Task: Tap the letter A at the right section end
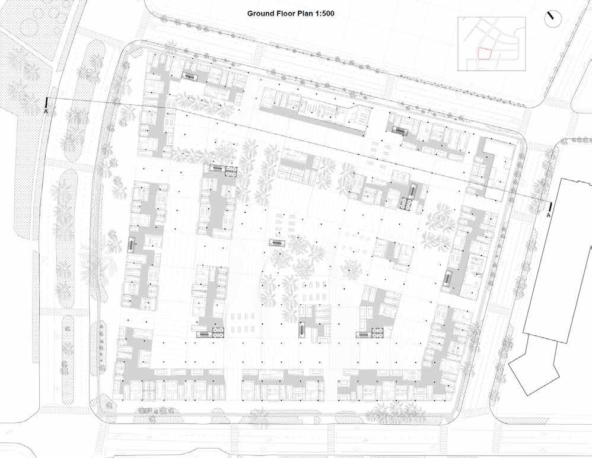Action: click(549, 215)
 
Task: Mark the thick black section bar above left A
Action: click(46, 101)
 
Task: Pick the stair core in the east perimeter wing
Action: click(449, 277)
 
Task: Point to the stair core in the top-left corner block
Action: click(190, 75)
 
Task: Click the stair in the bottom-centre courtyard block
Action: click(303, 328)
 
